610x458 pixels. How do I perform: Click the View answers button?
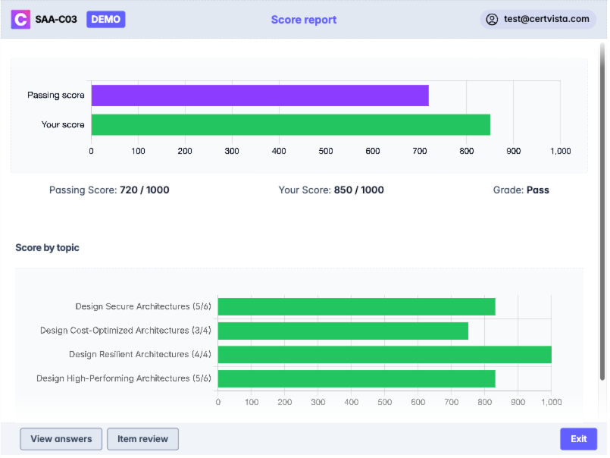(x=61, y=439)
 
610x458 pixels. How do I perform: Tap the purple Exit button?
(x=578, y=439)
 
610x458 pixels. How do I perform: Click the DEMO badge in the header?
(x=106, y=19)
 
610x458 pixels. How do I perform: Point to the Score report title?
(x=304, y=20)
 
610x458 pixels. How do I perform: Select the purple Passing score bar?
(x=260, y=96)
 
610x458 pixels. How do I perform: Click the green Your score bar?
(x=290, y=124)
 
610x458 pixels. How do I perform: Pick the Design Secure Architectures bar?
(x=356, y=306)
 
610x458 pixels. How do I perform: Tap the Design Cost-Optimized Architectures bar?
(x=343, y=331)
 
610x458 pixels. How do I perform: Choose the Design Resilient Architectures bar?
(x=384, y=354)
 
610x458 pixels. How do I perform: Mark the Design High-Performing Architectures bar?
(x=356, y=378)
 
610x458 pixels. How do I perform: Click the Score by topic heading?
(x=47, y=248)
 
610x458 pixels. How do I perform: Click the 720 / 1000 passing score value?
(x=145, y=190)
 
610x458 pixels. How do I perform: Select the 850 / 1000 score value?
(x=358, y=190)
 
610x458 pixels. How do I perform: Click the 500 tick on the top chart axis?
(x=326, y=151)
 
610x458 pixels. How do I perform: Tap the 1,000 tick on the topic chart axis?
(x=550, y=402)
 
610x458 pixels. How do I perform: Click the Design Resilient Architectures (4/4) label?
(x=139, y=354)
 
